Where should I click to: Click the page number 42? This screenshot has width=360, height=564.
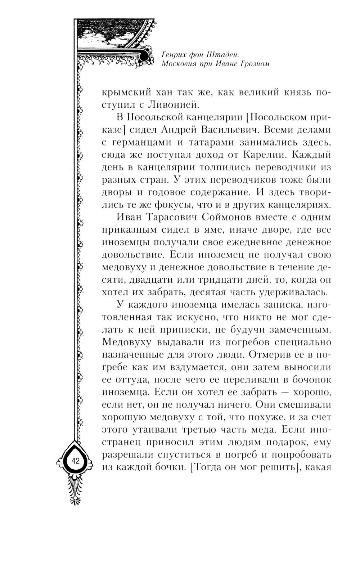[x=75, y=461]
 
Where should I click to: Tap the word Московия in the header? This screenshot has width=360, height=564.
[x=179, y=64]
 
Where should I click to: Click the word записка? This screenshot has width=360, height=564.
[x=273, y=305]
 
